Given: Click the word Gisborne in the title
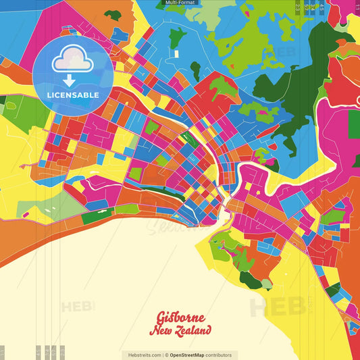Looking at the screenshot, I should [180, 317].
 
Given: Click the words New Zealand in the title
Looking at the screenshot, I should [180, 330].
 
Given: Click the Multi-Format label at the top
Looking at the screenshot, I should [180, 3].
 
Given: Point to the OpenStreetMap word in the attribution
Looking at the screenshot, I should [188, 355].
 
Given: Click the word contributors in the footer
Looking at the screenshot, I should [219, 355].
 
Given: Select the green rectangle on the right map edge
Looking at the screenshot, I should [354, 124].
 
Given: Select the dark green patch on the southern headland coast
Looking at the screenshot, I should [250, 279].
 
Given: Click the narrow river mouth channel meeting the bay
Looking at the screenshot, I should [222, 215].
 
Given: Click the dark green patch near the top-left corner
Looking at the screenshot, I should [113, 15].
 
